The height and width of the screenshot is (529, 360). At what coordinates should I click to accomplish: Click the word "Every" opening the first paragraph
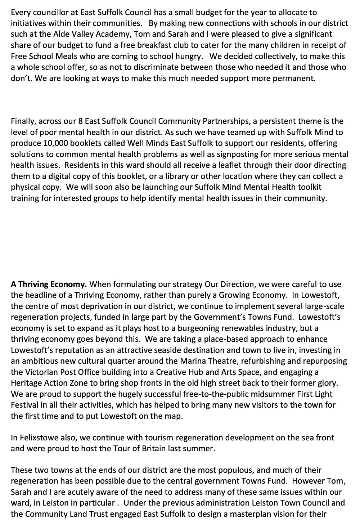(20, 13)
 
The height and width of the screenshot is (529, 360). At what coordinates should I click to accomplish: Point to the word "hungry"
(191, 57)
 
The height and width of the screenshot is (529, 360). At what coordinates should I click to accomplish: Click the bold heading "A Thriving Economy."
(49, 284)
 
